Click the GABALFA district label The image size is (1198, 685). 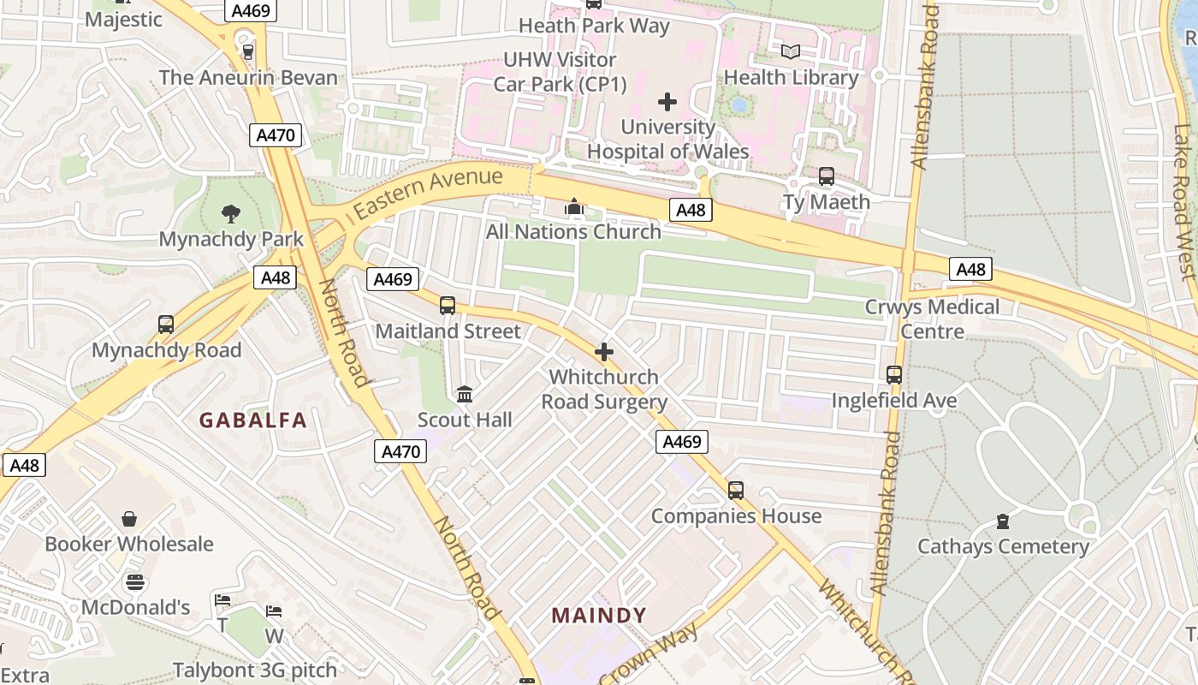pyautogui.click(x=252, y=420)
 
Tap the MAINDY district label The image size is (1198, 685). pyautogui.click(x=599, y=615)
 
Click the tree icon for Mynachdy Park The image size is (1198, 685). pyautogui.click(x=230, y=213)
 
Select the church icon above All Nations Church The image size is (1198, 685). pyautogui.click(x=573, y=206)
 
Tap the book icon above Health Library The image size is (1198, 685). pyautogui.click(x=791, y=52)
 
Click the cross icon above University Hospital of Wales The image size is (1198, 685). pyautogui.click(x=667, y=102)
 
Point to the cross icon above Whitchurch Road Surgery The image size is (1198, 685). pyautogui.click(x=604, y=352)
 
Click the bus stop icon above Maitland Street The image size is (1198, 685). pyautogui.click(x=447, y=306)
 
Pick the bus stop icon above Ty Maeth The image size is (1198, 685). pyautogui.click(x=826, y=176)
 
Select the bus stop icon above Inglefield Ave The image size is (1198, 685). pyautogui.click(x=894, y=375)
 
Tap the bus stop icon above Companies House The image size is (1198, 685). pyautogui.click(x=736, y=491)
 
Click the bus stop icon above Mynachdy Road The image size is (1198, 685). pyautogui.click(x=166, y=325)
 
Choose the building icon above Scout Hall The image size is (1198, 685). pyautogui.click(x=465, y=394)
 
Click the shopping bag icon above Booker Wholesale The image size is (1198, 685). pyautogui.click(x=129, y=519)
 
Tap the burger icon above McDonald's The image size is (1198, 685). pyautogui.click(x=135, y=583)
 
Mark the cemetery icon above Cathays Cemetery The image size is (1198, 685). pyautogui.click(x=1003, y=521)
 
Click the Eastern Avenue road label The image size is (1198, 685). pyautogui.click(x=428, y=193)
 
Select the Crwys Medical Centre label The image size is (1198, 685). pyautogui.click(x=932, y=319)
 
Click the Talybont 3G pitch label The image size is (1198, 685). pyautogui.click(x=255, y=670)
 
